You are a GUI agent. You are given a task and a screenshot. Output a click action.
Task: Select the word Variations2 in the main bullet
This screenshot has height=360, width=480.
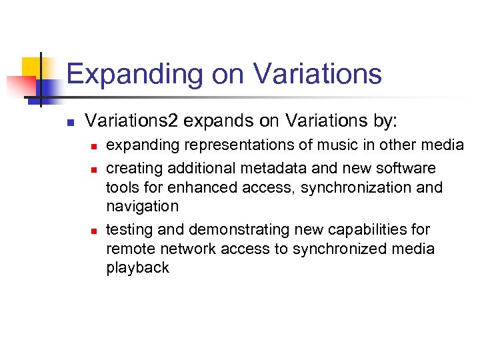[x=131, y=121]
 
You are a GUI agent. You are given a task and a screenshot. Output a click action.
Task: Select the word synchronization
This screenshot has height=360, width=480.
[x=355, y=187]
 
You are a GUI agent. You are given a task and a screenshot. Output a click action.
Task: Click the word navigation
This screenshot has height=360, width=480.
[x=143, y=207]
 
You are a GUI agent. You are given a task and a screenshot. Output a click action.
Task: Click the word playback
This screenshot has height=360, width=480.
[x=138, y=268]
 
